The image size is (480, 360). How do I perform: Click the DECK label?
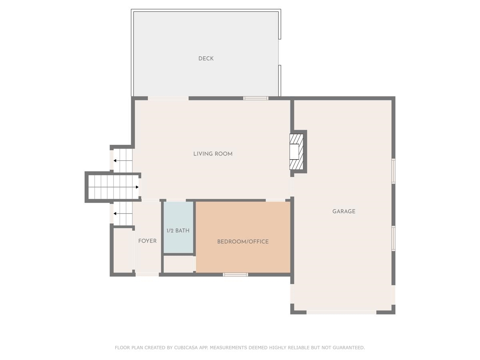[x=206, y=58]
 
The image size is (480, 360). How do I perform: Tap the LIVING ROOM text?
[x=213, y=154]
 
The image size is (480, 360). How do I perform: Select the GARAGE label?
[x=344, y=211]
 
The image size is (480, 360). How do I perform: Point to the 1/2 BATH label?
[x=178, y=230]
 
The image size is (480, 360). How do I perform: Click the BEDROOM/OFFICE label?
[x=243, y=242]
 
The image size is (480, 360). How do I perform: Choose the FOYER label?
[x=147, y=241]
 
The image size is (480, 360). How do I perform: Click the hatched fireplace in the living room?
[x=296, y=152]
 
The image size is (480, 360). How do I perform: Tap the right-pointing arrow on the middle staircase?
[x=136, y=187]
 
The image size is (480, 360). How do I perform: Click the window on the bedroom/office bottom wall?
[x=235, y=274]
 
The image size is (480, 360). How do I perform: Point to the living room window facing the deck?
[x=256, y=98]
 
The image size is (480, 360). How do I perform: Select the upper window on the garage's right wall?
[x=393, y=171]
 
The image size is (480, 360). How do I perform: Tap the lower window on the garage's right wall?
[x=393, y=238]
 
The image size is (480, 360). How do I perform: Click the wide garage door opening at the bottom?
[x=341, y=312]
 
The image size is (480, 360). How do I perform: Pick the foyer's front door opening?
[x=147, y=274]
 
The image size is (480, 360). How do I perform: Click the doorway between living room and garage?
[x=292, y=186]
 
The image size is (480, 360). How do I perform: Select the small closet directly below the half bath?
[x=178, y=264]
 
